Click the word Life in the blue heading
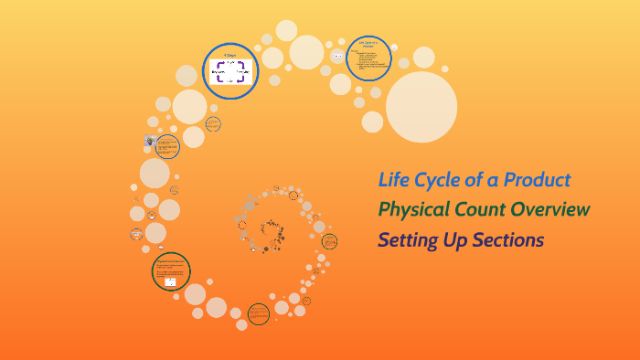pyautogui.click(x=395, y=179)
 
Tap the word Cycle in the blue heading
pyautogui.click(x=439, y=179)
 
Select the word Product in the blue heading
pyautogui.click(x=537, y=179)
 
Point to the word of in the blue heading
pyautogui.click(x=477, y=179)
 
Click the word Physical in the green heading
pyautogui.click(x=413, y=209)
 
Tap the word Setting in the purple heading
pyautogui.click(x=411, y=240)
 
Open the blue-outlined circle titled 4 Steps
pyautogui.click(x=229, y=71)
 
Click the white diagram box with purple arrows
pyautogui.click(x=229, y=72)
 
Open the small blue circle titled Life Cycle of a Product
pyautogui.click(x=370, y=58)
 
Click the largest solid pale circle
pyautogui.click(x=421, y=107)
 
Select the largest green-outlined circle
pyautogui.click(x=171, y=272)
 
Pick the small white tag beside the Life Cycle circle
pyautogui.click(x=337, y=57)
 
